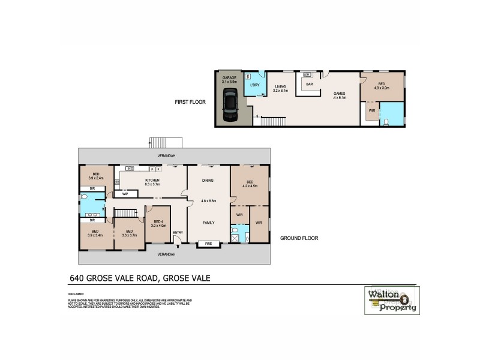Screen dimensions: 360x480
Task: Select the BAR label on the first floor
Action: pos(310,84)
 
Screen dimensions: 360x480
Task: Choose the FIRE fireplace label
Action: pos(208,244)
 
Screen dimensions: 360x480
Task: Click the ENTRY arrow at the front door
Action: pos(178,240)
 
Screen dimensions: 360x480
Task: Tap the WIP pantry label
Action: pos(125,194)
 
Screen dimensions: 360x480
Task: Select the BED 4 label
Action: pos(158,222)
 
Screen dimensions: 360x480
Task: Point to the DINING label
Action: pos(208,181)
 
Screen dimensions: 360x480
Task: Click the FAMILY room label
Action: pos(208,223)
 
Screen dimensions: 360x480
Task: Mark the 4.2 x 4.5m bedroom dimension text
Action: pos(250,186)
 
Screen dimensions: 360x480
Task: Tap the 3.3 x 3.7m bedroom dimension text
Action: pos(128,235)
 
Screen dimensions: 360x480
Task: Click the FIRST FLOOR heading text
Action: pos(190,102)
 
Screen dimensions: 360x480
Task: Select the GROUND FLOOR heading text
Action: pos(299,238)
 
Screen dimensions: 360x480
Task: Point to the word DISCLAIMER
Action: pos(76,294)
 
